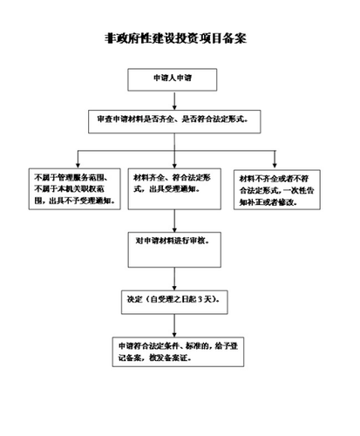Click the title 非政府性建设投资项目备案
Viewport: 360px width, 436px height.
[179, 39]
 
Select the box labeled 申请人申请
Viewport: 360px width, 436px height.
[176, 80]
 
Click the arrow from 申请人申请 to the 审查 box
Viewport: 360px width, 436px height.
[176, 100]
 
